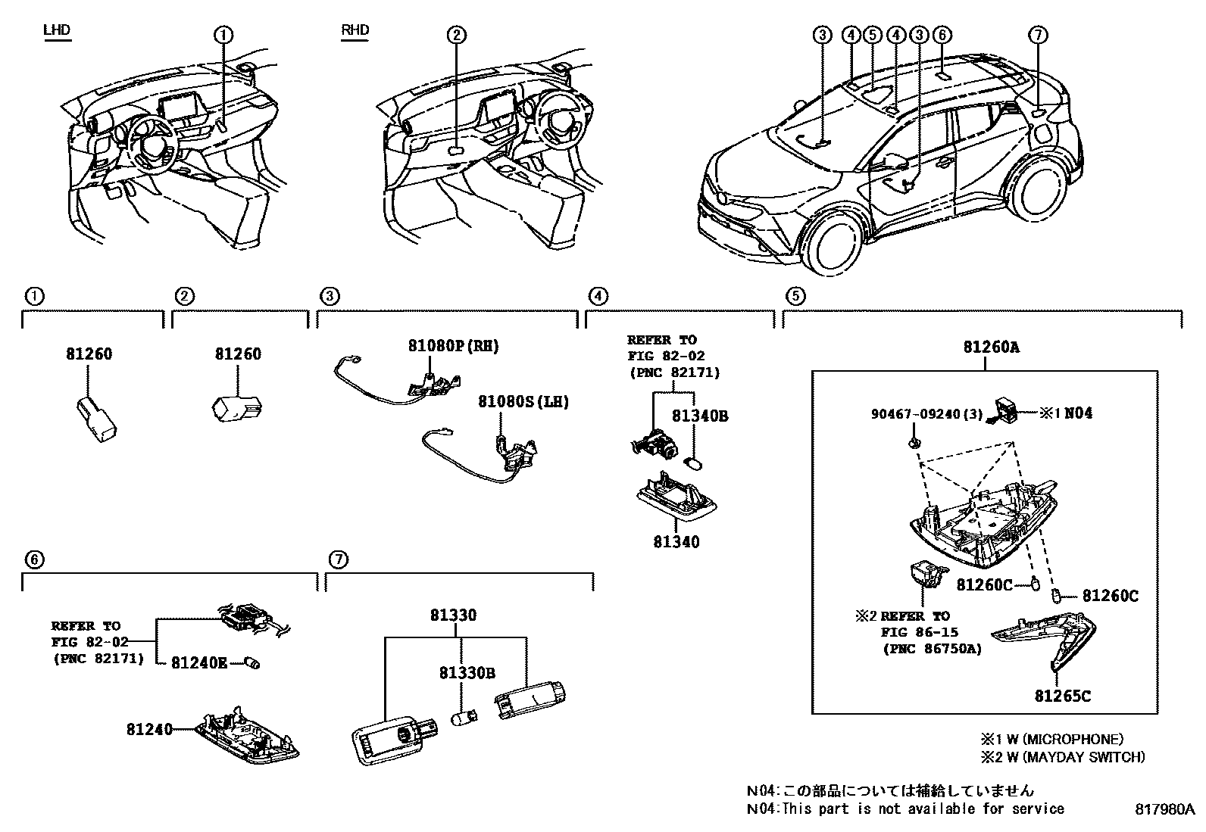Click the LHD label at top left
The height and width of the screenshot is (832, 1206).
pos(57,30)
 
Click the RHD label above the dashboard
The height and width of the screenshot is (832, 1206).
pos(355,30)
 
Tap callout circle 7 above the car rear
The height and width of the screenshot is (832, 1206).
pos(1039,35)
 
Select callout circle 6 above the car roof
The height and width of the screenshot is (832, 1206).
pos(942,35)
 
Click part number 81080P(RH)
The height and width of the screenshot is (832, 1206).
pos(453,346)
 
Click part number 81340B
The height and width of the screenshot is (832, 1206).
pos(700,416)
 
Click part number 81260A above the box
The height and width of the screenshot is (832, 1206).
pos(991,347)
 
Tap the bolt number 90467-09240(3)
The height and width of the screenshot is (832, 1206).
pos(926,415)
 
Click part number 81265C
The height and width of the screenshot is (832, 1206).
pos(1063,696)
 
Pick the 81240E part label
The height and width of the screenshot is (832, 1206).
pos(199,662)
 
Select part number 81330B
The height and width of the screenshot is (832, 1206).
pos(467,673)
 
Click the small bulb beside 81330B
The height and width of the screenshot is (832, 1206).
pos(461,717)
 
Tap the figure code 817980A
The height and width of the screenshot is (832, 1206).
pos(1164,809)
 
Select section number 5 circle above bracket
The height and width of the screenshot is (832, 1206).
pos(794,296)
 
